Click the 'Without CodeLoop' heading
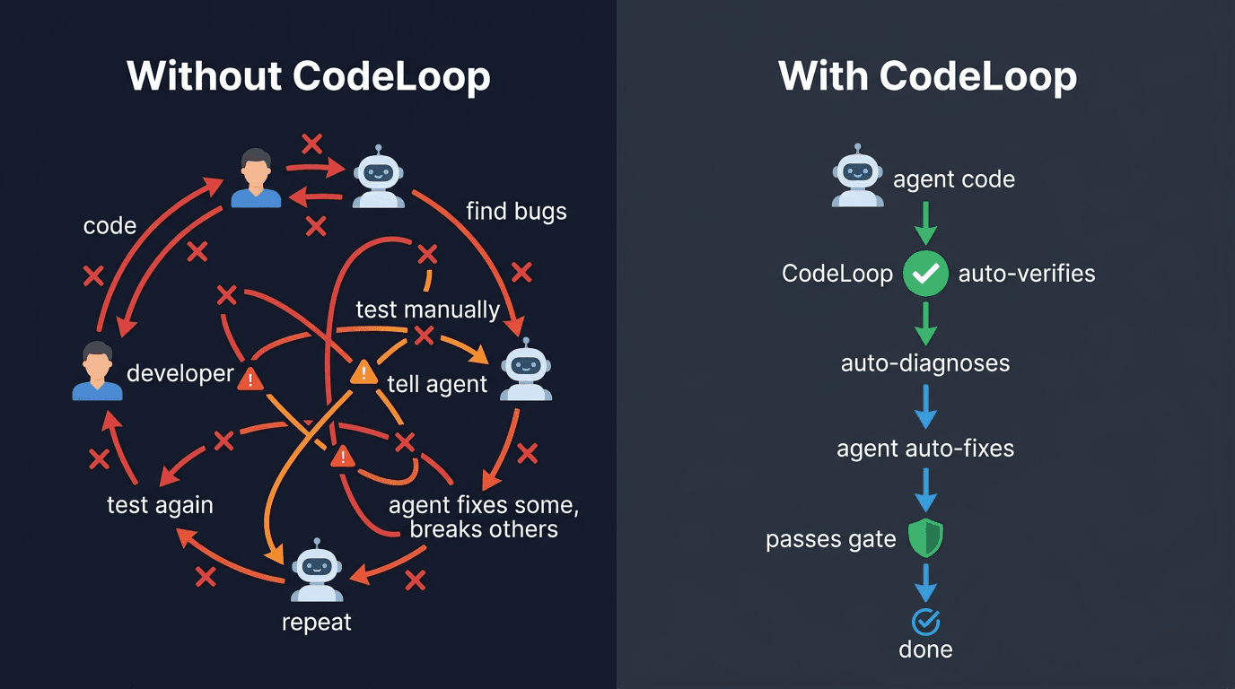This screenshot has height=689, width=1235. click(309, 76)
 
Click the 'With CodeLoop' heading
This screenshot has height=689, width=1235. click(927, 76)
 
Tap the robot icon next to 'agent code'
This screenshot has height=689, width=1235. click(857, 176)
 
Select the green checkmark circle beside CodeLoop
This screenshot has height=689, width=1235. click(925, 274)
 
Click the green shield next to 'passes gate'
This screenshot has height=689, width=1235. click(925, 538)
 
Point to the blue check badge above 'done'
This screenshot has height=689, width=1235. click(925, 621)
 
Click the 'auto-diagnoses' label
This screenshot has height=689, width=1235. click(925, 363)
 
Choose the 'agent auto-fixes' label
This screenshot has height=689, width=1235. click(925, 449)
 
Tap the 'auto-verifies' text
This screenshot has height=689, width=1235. click(1027, 274)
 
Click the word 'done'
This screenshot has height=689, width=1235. click(925, 649)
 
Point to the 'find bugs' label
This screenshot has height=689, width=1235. click(516, 212)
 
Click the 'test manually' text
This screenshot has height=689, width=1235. click(427, 310)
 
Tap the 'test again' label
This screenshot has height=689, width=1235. click(160, 505)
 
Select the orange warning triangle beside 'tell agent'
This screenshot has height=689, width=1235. click(363, 372)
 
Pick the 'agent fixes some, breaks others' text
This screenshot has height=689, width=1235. click(484, 518)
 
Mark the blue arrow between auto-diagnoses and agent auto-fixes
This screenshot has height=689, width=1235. click(925, 407)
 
